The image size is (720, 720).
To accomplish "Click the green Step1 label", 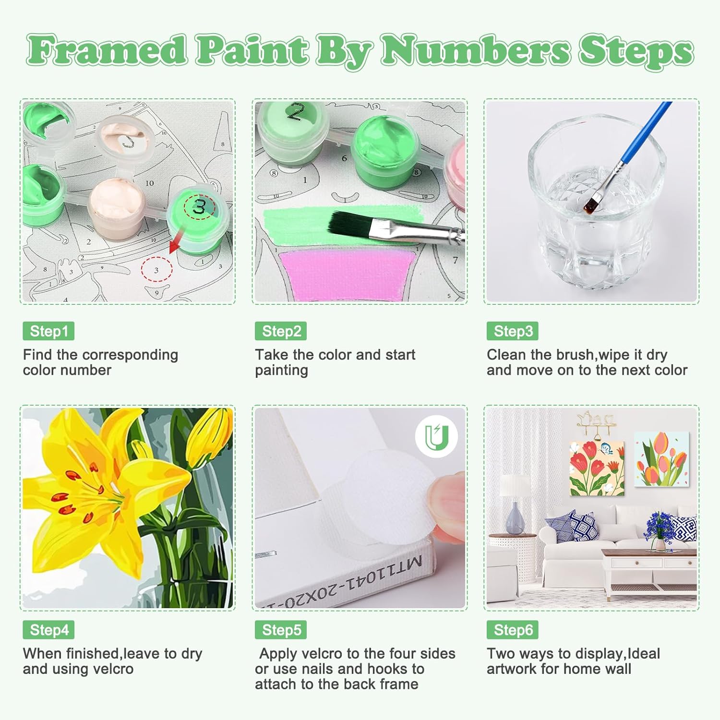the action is click(48, 331).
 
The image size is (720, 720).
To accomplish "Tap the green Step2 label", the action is click(281, 331).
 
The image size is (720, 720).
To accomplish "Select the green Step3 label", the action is click(513, 331).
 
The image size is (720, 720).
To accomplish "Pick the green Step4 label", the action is click(48, 630).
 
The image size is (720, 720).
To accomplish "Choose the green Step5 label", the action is click(281, 630).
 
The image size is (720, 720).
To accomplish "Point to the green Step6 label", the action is click(513, 630).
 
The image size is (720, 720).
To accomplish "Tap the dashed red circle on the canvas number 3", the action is click(156, 269).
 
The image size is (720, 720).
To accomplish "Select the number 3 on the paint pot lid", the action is click(199, 207).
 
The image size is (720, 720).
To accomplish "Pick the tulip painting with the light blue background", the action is click(662, 459).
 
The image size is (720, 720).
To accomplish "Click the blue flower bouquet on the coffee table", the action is click(662, 528).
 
